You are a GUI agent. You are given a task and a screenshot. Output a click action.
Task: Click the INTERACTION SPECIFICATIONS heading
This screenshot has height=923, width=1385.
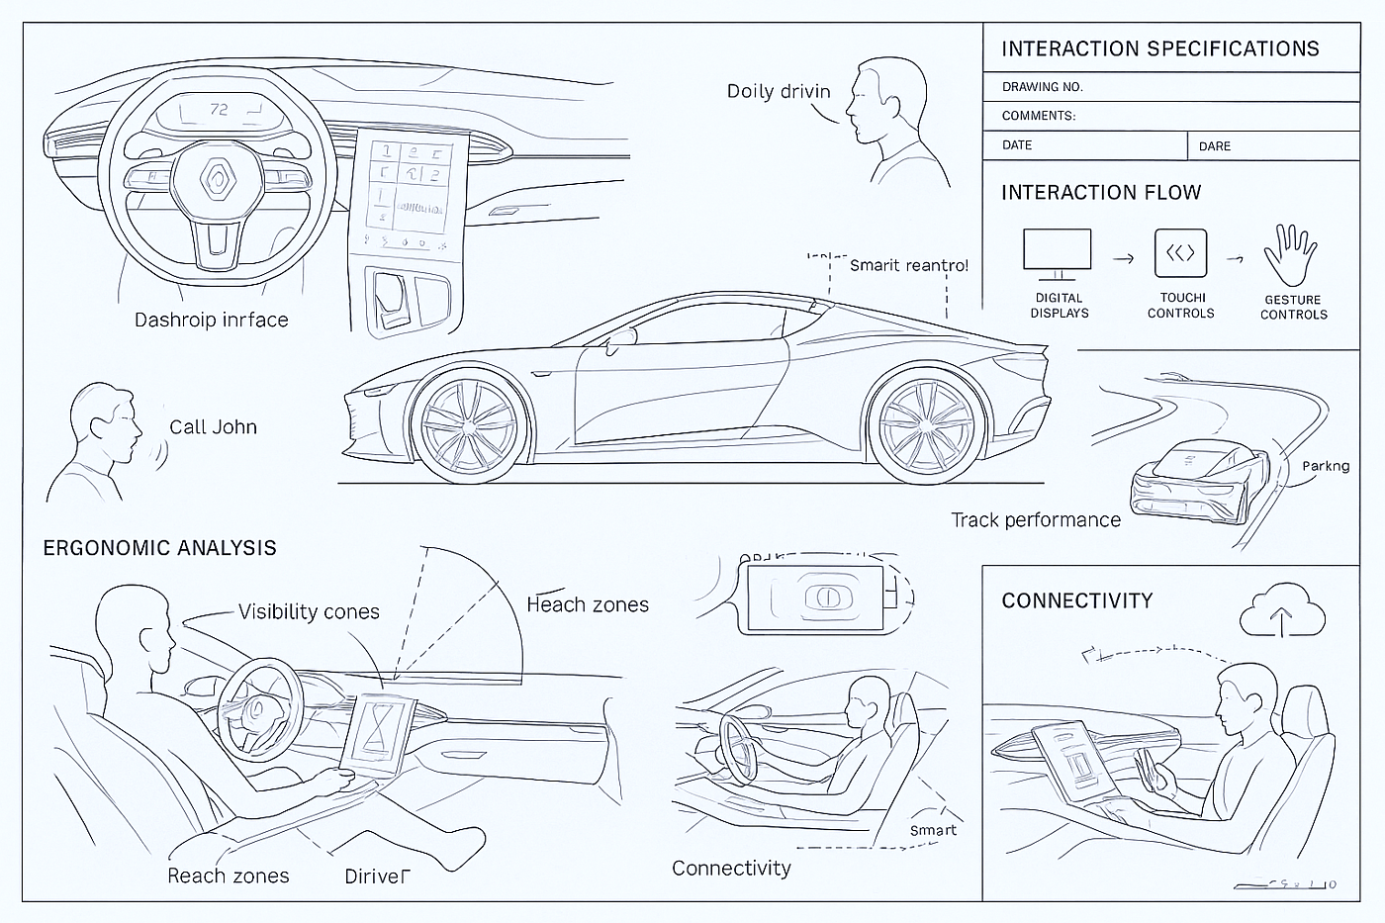tap(1159, 49)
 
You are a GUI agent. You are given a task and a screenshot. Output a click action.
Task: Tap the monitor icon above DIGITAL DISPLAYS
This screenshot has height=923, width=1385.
tap(1057, 253)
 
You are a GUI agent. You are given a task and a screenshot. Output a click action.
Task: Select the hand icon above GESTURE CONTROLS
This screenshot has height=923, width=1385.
tap(1291, 255)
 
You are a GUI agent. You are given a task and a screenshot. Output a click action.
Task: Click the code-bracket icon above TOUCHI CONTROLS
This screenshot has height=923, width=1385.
tap(1180, 253)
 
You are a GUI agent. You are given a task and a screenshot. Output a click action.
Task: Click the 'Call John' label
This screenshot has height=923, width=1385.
tap(213, 427)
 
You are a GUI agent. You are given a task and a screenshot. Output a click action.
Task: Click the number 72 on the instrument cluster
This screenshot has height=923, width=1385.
tap(219, 109)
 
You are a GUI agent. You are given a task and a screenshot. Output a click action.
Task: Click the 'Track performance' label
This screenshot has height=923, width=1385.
tap(1036, 520)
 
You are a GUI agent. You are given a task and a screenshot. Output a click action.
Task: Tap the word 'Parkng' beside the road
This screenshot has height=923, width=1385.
tap(1326, 466)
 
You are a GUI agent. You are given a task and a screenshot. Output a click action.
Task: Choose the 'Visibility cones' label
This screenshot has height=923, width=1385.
tap(309, 612)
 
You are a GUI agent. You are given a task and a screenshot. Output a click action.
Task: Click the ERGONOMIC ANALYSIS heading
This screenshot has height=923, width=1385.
tap(159, 548)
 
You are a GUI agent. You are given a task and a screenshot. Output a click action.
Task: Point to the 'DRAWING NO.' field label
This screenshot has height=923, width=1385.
tap(1042, 87)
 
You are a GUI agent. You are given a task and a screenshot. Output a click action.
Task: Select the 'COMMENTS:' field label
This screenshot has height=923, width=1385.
tap(1038, 116)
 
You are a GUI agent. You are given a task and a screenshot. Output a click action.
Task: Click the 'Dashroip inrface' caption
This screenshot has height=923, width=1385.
tap(211, 321)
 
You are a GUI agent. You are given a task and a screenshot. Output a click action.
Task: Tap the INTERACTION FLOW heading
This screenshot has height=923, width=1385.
tap(1100, 193)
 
